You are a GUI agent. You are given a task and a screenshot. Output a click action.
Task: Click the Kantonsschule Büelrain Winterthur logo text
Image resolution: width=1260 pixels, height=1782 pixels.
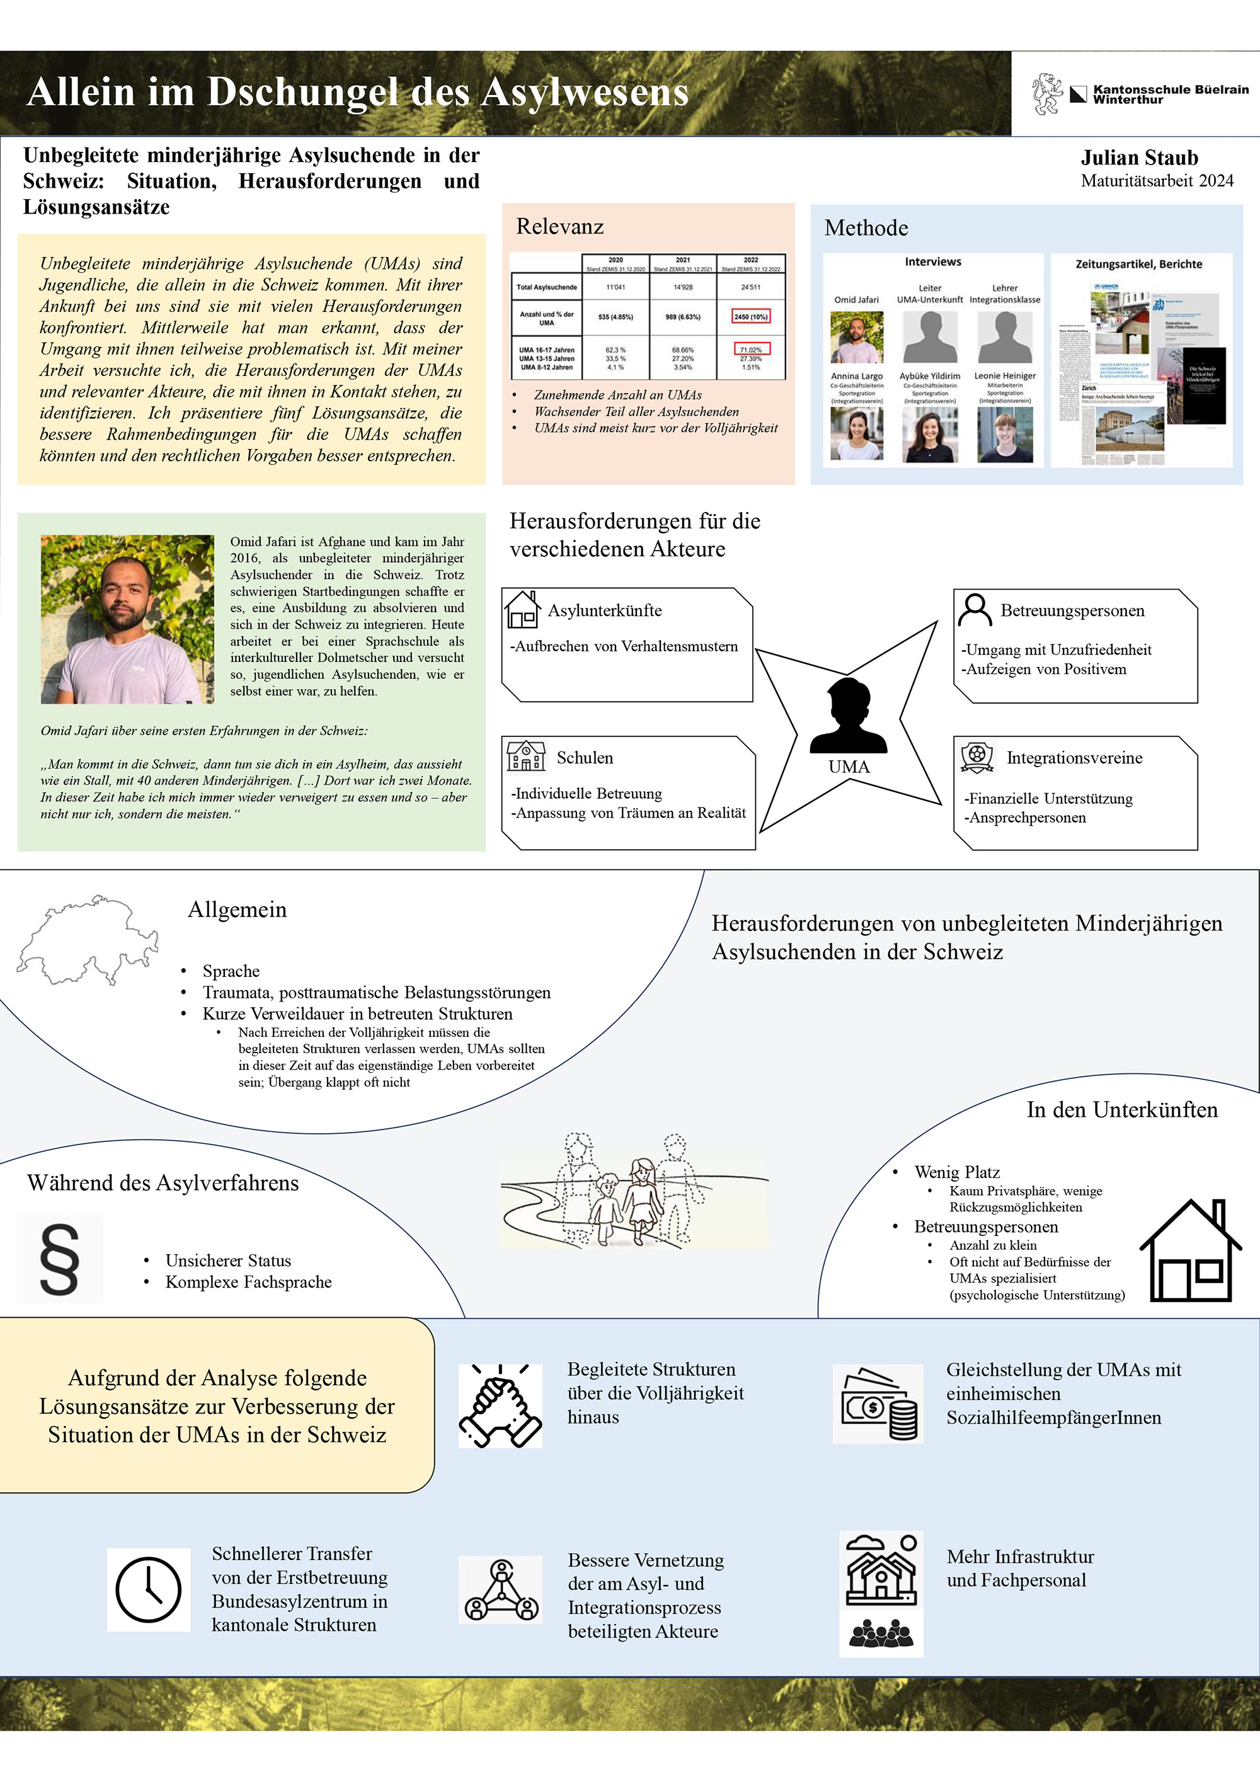1170,94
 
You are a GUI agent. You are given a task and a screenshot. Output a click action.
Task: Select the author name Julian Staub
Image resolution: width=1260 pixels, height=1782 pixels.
1139,158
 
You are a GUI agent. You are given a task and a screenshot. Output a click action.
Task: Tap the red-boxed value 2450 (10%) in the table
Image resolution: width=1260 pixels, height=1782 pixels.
750,317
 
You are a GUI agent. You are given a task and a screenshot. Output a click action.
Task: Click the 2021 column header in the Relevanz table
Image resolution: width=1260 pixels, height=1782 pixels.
682,260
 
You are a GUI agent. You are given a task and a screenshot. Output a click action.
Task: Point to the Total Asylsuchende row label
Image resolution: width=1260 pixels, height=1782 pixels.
547,287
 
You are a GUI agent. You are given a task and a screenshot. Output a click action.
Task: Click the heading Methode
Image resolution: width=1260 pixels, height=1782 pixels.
866,228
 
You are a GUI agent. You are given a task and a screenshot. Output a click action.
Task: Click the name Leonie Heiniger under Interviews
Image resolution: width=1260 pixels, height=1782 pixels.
1005,375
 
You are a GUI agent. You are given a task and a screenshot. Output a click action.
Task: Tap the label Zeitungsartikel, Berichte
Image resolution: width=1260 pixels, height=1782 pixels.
1138,265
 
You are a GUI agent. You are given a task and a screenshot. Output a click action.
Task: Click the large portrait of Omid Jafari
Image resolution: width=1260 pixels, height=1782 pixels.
127,619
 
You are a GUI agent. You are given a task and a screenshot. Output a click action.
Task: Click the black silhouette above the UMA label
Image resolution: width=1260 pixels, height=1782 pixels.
848,716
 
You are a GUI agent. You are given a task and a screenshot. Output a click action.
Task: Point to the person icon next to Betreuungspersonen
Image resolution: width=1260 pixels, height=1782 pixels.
975,610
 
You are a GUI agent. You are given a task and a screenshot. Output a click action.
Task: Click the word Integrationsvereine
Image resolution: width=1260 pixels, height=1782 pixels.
1074,758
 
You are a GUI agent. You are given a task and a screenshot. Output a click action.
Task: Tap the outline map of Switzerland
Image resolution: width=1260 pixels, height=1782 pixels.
87,939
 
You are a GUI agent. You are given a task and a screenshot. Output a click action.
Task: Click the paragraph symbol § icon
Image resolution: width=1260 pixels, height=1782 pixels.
59,1259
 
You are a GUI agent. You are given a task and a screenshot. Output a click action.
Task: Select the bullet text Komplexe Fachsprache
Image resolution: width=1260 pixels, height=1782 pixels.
248,1282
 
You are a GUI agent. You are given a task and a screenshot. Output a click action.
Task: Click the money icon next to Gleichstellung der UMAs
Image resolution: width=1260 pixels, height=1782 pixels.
878,1404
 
